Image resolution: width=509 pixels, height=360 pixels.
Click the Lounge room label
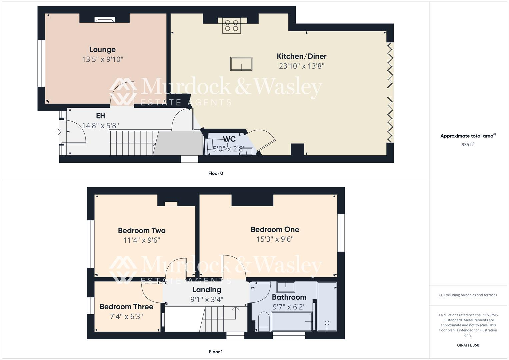102,50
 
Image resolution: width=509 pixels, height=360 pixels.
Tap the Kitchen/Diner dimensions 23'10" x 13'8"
301,66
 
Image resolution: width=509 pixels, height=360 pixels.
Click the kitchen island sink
241,64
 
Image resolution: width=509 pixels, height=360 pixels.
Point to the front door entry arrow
58,132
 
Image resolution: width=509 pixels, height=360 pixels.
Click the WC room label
229,139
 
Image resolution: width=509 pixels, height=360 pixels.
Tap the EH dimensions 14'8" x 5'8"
100,125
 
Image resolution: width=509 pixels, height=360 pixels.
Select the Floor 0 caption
215,173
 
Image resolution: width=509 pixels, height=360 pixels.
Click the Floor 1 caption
215,352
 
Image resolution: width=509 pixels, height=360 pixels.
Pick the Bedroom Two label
142,231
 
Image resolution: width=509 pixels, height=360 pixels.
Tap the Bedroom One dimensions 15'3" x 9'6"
275,239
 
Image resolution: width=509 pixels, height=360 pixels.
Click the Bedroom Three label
126,307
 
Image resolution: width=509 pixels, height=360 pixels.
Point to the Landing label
207,290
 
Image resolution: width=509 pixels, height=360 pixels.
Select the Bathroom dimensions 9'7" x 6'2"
289,307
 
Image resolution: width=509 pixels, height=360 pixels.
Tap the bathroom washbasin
286,287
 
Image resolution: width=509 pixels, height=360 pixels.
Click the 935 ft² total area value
468,144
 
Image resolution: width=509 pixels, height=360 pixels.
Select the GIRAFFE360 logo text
468,345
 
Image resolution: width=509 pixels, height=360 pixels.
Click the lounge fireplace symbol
105,20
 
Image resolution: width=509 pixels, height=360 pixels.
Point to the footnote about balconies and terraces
468,295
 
